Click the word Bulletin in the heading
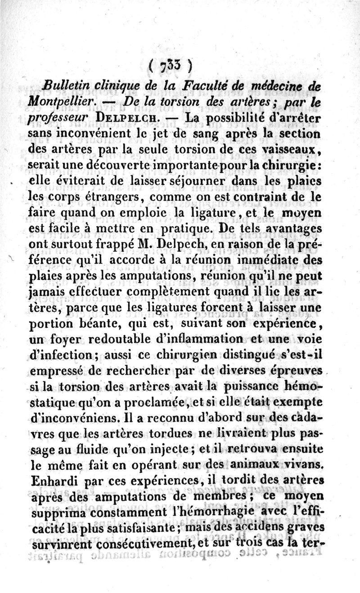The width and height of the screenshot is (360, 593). click(x=66, y=86)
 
